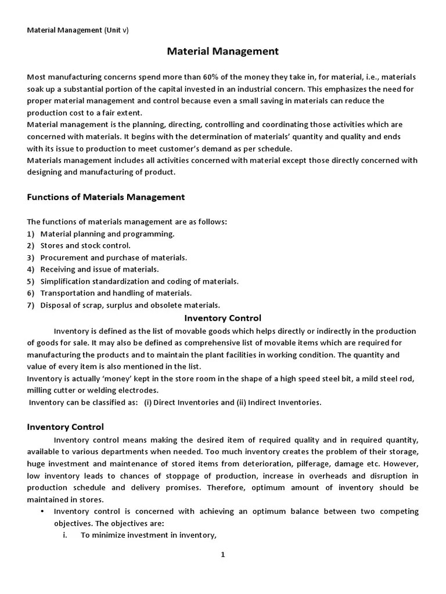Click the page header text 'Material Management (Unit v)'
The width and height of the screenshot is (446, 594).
78,30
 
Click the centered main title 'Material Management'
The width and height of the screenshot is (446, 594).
223,52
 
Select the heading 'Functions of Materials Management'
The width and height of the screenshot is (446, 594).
106,197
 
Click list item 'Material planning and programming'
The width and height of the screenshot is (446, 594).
107,234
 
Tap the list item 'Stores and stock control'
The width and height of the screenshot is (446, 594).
85,245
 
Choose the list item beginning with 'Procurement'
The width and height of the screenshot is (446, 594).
113,258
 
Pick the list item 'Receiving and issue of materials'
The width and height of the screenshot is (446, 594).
99,269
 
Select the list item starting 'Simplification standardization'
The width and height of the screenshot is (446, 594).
139,281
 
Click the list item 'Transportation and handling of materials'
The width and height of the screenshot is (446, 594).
116,293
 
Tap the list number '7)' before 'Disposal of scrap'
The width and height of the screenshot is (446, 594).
31,305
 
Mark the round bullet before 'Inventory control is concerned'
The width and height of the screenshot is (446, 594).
43,512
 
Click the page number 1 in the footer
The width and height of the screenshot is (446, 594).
222,555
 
